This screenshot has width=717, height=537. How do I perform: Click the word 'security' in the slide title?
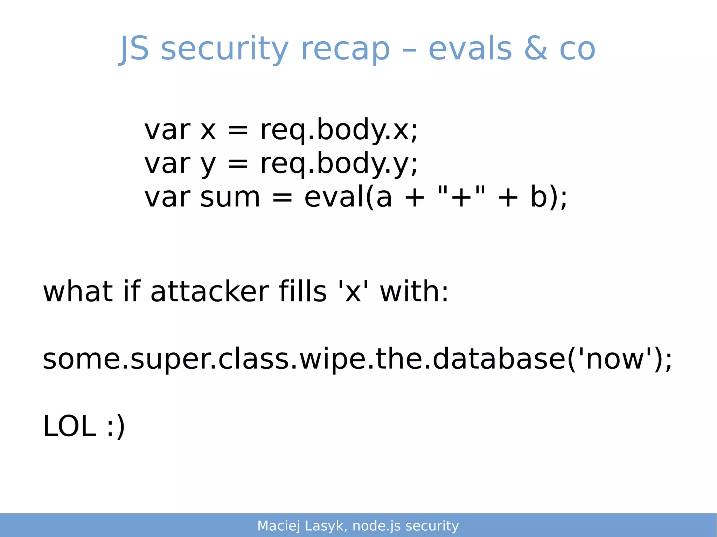point(224,49)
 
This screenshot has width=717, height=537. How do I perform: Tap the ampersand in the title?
point(536,49)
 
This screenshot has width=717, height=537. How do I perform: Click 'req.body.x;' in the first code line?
point(339,130)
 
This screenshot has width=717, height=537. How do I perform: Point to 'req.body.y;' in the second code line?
point(339,164)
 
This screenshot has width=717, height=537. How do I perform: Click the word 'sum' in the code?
point(230,197)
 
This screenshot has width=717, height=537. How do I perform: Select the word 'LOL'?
point(69,426)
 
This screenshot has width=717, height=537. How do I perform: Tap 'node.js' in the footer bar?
point(376,526)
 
